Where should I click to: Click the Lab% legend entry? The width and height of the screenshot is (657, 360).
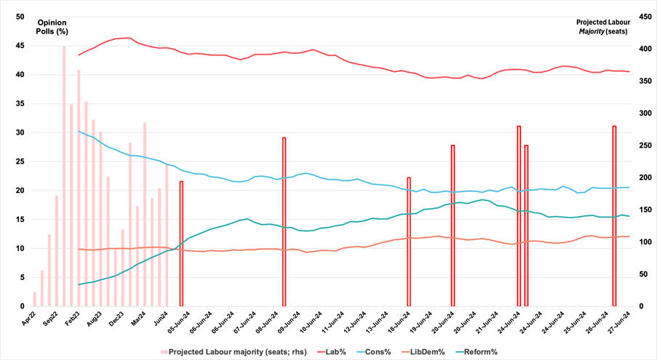[x=335, y=352]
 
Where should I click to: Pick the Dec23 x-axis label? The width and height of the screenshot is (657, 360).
[x=116, y=318]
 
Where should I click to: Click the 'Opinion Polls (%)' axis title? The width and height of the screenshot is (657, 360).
[x=52, y=26]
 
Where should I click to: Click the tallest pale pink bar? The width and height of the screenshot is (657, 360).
[x=64, y=175]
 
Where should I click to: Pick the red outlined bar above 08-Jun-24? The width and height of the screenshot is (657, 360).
[x=284, y=222]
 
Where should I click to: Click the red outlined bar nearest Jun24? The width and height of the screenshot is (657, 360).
[x=181, y=244]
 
